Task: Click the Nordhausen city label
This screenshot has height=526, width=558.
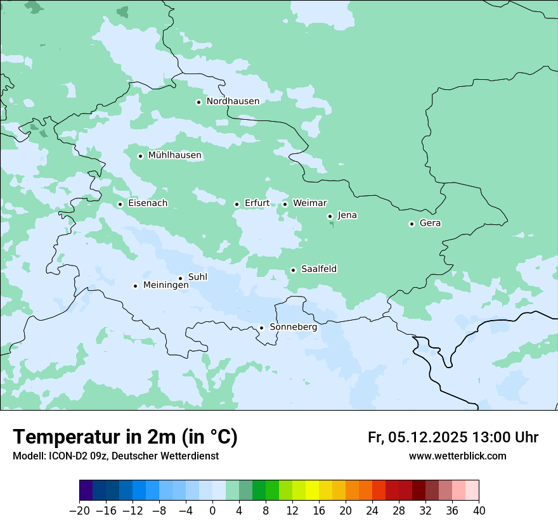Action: [233, 101]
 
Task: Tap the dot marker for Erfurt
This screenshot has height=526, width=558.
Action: [237, 204]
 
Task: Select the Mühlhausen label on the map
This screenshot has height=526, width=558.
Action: [174, 155]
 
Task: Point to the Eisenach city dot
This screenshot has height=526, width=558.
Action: [120, 204]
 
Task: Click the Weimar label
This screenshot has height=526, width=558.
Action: [309, 203]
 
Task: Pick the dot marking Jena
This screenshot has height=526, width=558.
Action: [330, 216]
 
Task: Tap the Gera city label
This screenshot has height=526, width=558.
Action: [430, 223]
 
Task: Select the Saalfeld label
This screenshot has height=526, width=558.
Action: [318, 269]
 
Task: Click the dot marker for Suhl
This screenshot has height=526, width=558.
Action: [180, 278]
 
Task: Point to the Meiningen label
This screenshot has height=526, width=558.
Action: [165, 285]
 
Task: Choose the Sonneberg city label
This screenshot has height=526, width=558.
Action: [293, 327]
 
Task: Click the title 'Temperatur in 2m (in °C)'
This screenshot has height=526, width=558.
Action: [125, 437]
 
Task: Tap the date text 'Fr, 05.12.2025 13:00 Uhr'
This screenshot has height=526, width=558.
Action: [453, 437]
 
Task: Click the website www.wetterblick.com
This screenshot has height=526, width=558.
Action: [457, 456]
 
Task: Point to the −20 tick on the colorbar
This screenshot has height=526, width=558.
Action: [79, 511]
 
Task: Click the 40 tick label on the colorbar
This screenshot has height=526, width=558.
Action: [479, 511]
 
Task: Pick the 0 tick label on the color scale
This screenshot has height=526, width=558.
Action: [212, 511]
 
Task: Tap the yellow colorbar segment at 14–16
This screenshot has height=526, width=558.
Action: [312, 491]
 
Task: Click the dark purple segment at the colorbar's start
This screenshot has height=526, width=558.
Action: [86, 491]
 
